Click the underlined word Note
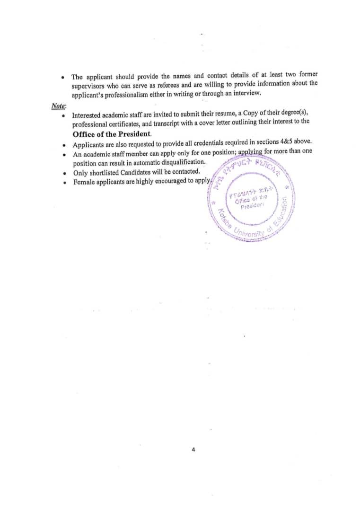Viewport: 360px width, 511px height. click(59, 106)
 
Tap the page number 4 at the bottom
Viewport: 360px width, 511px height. click(193, 450)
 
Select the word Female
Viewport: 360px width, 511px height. click(83, 182)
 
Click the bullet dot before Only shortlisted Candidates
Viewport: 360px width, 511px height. click(63, 173)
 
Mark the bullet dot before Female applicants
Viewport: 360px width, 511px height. click(63, 183)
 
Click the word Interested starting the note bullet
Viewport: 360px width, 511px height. click(88, 115)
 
